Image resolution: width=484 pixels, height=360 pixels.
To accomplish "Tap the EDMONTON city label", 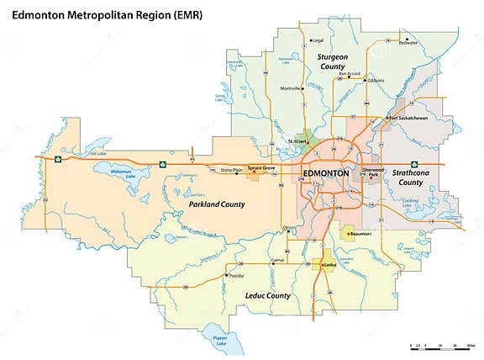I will pyautogui.click(x=324, y=172).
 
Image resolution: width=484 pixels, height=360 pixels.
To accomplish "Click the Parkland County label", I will pyautogui.click(x=210, y=204).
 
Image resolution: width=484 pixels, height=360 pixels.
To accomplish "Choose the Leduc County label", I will pyautogui.click(x=266, y=295).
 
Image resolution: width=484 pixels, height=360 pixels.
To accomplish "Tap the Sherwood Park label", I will pyautogui.click(x=372, y=172).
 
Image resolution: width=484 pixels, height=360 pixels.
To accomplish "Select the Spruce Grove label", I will pyautogui.click(x=261, y=167).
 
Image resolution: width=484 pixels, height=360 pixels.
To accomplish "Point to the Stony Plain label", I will pyautogui.click(x=230, y=170).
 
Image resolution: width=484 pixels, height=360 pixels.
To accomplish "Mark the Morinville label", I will pyautogui.click(x=291, y=88).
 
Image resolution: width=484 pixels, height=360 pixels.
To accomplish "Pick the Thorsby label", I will pyautogui.click(x=235, y=276).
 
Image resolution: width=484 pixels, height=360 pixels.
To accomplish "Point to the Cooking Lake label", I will pyautogui.click(x=410, y=203).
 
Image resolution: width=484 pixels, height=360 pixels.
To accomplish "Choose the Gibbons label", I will pyautogui.click(x=375, y=81).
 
